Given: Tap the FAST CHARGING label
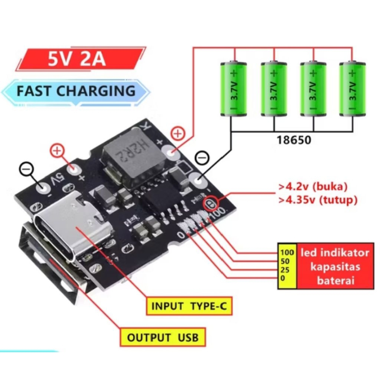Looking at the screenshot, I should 76,91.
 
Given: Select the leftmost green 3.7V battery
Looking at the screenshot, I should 234,89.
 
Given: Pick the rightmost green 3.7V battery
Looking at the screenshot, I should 353,89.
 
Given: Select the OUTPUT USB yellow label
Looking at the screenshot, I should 163,337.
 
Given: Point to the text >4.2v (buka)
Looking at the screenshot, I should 313,186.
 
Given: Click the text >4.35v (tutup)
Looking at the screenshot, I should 318,200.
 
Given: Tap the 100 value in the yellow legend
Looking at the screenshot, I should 287,253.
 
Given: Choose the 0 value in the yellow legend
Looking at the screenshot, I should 282,278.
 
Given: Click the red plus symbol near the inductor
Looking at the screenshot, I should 178,133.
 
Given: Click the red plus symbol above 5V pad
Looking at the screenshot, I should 57,151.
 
